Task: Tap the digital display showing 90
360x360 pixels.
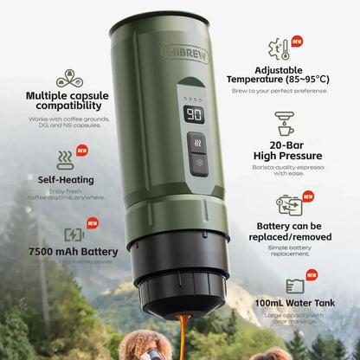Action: click(x=196, y=115)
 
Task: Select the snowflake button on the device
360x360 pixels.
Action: click(x=197, y=161)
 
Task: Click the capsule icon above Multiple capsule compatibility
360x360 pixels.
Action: click(x=69, y=79)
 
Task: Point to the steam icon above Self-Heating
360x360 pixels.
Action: click(x=66, y=160)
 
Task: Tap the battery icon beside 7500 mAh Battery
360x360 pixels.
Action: click(x=74, y=235)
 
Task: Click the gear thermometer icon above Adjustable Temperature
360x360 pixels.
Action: click(x=279, y=48)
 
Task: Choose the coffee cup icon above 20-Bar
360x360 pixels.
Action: click(x=284, y=123)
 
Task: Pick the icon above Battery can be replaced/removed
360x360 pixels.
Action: click(x=288, y=204)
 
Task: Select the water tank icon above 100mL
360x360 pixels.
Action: click(x=294, y=286)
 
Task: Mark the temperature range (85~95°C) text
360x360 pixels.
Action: click(x=305, y=79)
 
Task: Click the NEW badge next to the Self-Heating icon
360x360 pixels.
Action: click(x=82, y=150)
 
